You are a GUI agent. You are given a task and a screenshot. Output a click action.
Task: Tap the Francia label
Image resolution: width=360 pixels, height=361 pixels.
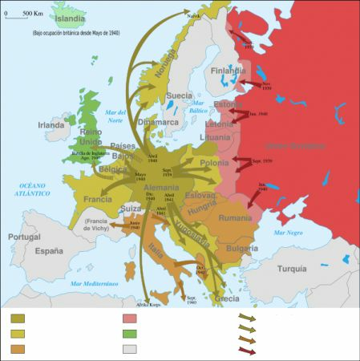tap(96, 199)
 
